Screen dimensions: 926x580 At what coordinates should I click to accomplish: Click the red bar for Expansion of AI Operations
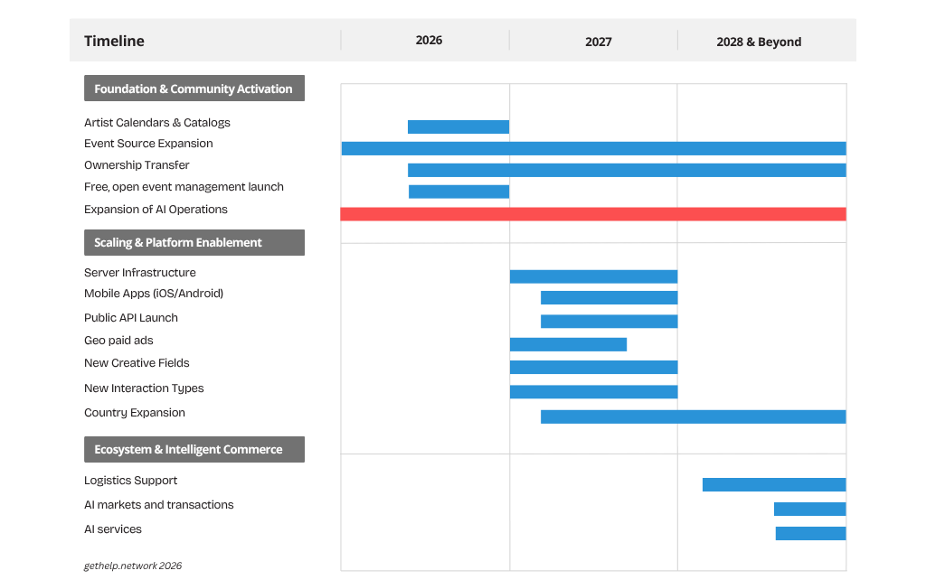click(593, 213)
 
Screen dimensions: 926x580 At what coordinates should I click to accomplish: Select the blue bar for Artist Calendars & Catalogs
click(458, 126)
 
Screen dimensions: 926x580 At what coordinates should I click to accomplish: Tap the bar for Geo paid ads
click(568, 344)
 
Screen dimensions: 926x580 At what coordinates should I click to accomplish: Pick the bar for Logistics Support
click(774, 484)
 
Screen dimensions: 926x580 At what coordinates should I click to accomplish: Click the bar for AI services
click(811, 533)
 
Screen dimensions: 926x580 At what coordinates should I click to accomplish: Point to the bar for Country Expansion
click(694, 416)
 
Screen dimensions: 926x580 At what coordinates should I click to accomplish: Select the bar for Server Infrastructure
click(593, 276)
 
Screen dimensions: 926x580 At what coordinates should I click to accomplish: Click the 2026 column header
click(429, 40)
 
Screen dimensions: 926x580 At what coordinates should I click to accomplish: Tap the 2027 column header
click(599, 42)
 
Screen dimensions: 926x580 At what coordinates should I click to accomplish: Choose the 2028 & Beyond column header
click(759, 42)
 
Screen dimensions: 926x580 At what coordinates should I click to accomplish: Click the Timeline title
click(114, 41)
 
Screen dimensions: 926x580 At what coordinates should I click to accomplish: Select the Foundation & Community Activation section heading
click(194, 88)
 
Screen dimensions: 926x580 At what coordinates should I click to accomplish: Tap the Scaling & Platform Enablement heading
click(194, 242)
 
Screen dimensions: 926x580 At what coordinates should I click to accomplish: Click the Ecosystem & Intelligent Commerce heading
click(194, 449)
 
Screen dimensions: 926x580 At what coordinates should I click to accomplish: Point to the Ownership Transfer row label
click(137, 165)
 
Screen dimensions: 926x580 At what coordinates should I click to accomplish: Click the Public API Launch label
click(130, 317)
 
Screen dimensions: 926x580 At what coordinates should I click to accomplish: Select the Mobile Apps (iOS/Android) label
click(154, 294)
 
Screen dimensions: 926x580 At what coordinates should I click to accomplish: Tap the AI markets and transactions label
click(159, 504)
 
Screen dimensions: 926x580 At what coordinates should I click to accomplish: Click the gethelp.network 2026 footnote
click(133, 566)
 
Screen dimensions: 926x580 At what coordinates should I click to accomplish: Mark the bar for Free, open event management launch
click(458, 192)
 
